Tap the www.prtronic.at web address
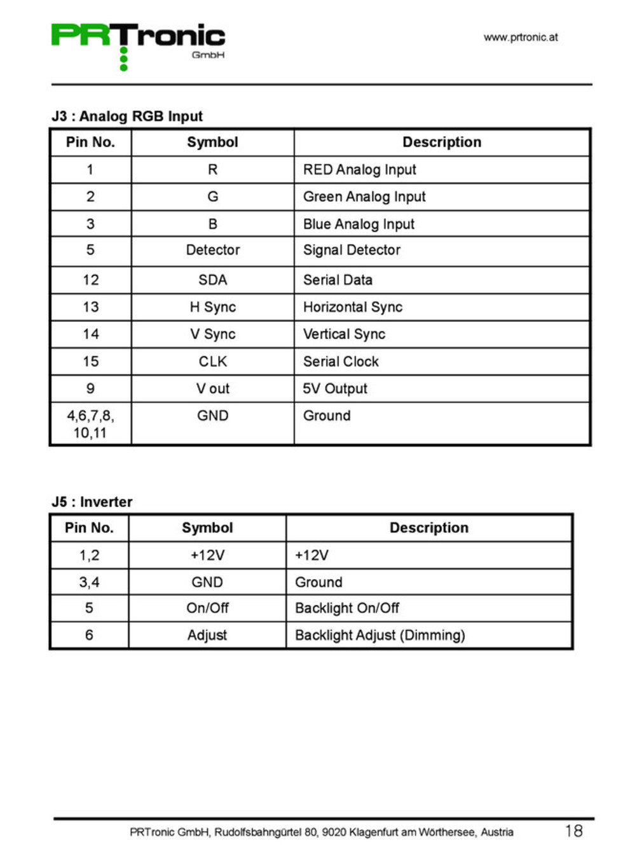(520, 38)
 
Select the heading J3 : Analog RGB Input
(127, 116)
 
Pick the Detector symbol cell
(213, 250)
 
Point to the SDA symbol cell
(213, 280)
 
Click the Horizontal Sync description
(353, 307)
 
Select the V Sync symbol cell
(213, 335)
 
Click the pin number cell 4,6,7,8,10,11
(90, 424)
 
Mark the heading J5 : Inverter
(92, 502)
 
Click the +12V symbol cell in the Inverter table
(207, 555)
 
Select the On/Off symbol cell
(207, 608)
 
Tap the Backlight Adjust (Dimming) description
(380, 636)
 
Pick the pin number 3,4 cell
(89, 582)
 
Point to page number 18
(573, 831)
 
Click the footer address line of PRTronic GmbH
(321, 832)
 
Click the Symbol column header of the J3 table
(212, 143)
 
